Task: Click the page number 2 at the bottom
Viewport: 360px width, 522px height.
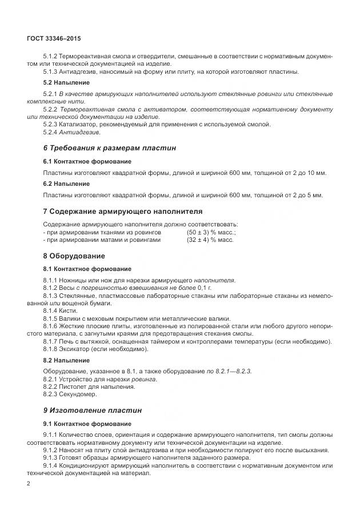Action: coord(28,484)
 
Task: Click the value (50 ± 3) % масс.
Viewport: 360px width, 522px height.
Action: coord(211,233)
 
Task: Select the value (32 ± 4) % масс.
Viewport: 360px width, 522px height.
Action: coord(210,240)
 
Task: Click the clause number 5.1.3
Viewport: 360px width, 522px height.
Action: coord(52,71)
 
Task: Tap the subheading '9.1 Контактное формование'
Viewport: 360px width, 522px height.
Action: coord(87,424)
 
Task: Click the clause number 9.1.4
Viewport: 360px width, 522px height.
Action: coord(52,466)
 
